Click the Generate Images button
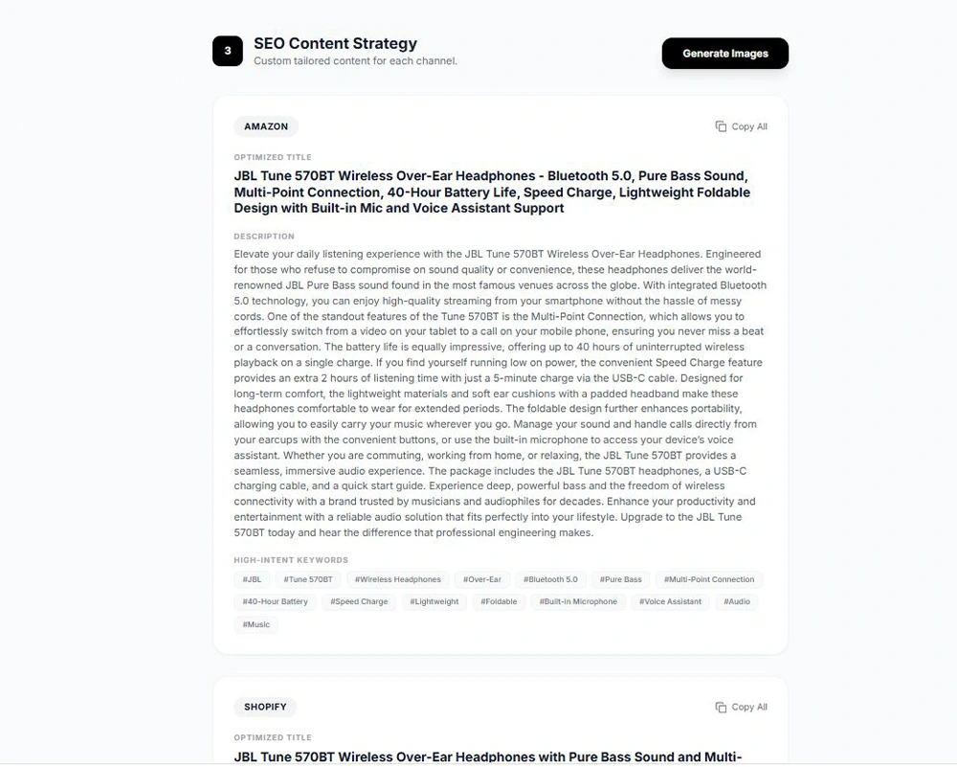(x=724, y=54)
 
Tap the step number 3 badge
(x=228, y=52)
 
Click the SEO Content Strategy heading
(x=335, y=43)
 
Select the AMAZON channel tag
(x=266, y=126)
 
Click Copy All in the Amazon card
(x=742, y=126)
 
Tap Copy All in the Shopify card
(x=742, y=707)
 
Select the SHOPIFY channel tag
(x=265, y=707)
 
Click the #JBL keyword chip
(x=252, y=579)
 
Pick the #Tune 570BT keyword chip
(x=308, y=579)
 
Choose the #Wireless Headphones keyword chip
(x=398, y=579)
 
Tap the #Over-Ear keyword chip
(x=482, y=579)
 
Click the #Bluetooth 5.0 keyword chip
(x=550, y=579)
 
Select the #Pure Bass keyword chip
(x=621, y=579)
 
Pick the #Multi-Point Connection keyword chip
(x=709, y=579)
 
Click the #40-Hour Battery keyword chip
(x=276, y=601)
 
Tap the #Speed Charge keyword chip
(x=359, y=601)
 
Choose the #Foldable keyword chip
(x=499, y=601)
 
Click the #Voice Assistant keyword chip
(x=670, y=601)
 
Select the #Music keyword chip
(x=256, y=624)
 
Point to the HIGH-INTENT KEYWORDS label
(x=291, y=560)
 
